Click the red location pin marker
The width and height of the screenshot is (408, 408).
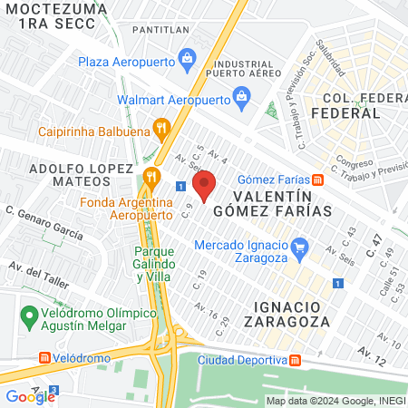(x=205, y=185)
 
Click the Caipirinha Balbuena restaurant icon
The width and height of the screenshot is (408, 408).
(x=162, y=128)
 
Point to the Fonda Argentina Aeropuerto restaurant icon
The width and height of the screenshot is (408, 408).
(x=151, y=175)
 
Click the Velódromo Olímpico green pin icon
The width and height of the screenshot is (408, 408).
(x=28, y=317)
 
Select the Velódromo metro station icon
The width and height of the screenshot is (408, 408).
(x=44, y=357)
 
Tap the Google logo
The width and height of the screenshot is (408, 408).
(x=30, y=396)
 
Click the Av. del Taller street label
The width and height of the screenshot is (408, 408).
(x=38, y=274)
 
